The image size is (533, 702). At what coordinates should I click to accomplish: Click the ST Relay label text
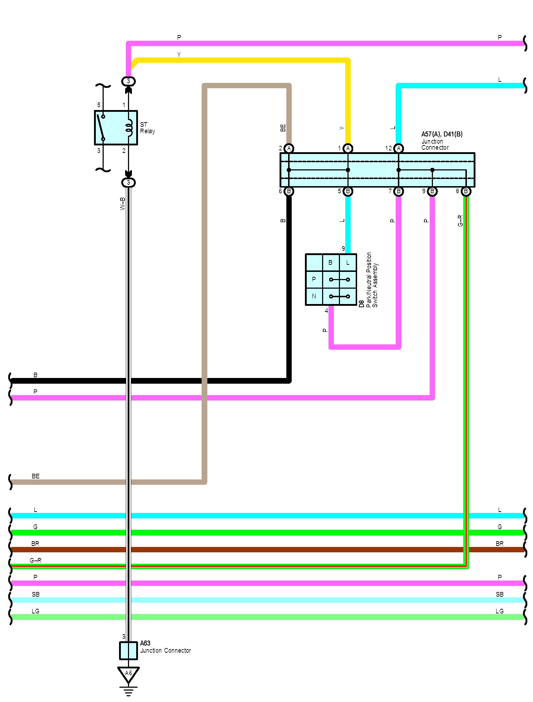point(147,128)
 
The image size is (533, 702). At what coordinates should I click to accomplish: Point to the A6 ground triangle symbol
point(128,674)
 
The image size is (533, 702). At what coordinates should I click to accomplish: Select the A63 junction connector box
point(128,651)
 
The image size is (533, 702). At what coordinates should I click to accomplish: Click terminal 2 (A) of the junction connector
point(289,148)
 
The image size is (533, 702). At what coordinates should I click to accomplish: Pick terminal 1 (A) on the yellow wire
point(348,148)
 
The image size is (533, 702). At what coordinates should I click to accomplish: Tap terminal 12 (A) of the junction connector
point(399,148)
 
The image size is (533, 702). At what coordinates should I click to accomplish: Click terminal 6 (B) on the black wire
point(289,191)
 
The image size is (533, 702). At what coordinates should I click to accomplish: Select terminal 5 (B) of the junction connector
point(348,191)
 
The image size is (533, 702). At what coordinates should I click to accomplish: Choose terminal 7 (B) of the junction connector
point(399,191)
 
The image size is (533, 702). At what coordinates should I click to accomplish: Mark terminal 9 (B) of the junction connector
point(432,191)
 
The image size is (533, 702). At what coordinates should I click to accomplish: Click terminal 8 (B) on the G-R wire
point(466,191)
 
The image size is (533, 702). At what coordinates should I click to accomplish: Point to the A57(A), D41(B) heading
point(442,134)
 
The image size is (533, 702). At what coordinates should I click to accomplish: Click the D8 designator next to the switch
point(361,304)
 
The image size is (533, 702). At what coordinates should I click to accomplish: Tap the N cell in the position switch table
point(314,296)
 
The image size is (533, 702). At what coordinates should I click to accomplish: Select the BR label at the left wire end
point(35,544)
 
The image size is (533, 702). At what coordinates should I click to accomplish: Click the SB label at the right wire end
point(499,594)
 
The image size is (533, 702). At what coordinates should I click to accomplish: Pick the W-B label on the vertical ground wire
point(123,204)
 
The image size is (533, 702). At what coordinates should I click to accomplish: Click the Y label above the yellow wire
point(179,54)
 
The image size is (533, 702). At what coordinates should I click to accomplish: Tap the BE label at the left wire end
point(35,476)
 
